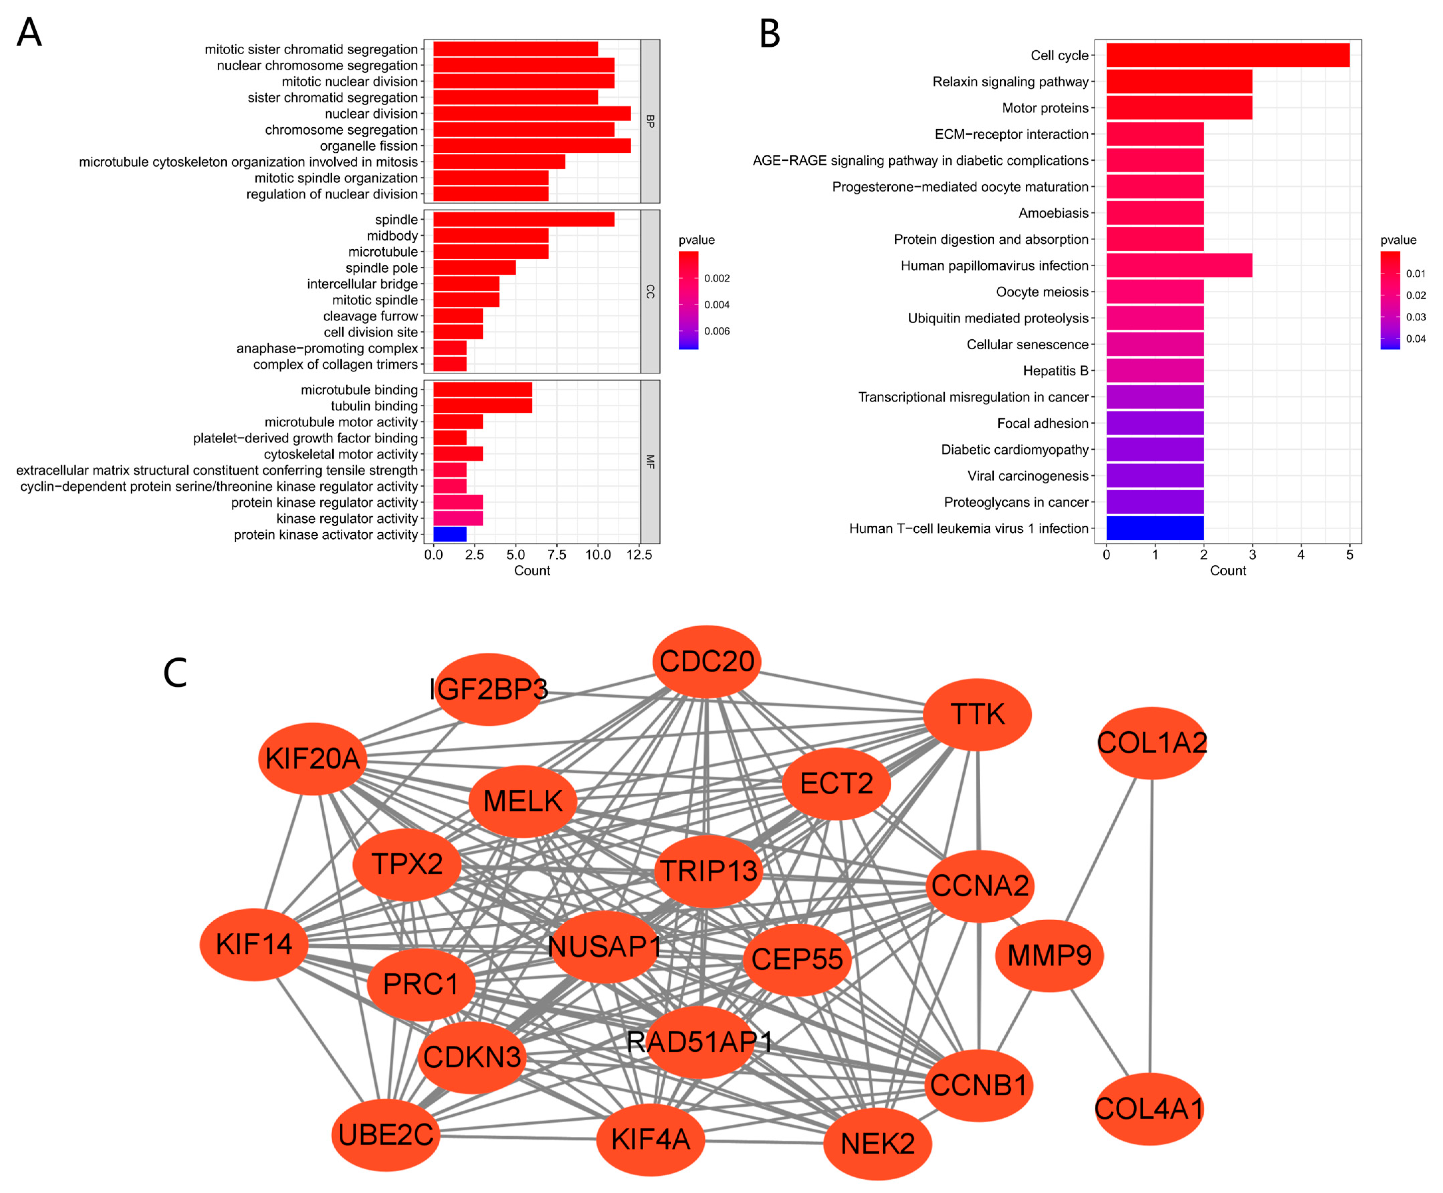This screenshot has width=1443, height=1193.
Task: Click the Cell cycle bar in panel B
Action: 1227,55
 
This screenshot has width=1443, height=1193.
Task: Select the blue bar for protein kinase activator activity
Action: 449,534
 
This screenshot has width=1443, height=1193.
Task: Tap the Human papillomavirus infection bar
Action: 1179,266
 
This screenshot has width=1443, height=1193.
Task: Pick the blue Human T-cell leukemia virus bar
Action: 1154,528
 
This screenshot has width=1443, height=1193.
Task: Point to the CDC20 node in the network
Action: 706,661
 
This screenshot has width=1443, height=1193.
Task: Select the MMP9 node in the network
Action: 1048,955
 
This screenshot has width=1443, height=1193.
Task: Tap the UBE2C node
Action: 385,1135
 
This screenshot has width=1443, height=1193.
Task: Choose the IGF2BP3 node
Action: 488,689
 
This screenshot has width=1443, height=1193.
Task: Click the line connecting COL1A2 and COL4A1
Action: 1151,927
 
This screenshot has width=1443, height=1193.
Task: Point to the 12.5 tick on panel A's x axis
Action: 639,554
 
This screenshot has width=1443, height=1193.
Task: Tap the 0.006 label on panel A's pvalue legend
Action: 717,331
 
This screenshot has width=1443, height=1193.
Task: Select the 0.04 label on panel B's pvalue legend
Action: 1416,339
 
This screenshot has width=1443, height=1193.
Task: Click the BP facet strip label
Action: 650,121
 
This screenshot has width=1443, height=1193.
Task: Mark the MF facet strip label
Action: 650,461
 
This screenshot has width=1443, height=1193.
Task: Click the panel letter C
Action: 175,673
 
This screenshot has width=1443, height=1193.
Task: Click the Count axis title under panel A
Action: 532,571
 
